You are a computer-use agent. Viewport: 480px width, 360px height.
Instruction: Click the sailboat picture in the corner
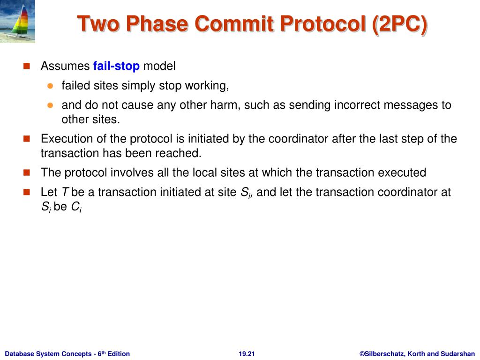[17, 21]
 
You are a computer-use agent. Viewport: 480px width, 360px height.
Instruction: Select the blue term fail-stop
[116, 66]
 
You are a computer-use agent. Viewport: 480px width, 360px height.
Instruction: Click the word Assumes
[65, 66]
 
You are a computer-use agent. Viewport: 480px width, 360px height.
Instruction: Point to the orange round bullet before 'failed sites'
[50, 86]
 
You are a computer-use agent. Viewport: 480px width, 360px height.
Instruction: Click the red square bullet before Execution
[27, 139]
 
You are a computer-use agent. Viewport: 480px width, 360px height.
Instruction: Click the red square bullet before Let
[27, 192]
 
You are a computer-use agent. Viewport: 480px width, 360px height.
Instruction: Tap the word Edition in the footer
[119, 354]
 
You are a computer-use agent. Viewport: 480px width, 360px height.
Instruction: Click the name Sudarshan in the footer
[457, 354]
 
